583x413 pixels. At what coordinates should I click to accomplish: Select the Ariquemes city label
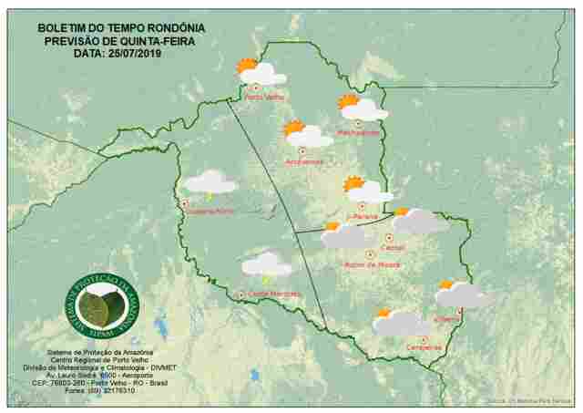click(x=304, y=162)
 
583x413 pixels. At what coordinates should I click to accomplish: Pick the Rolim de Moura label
click(x=373, y=265)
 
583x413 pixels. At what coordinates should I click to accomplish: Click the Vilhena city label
click(x=447, y=319)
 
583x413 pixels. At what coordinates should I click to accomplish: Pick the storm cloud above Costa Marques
click(x=266, y=265)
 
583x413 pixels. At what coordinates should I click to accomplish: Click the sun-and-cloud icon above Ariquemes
click(x=307, y=134)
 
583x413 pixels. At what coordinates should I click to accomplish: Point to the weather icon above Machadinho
click(x=362, y=107)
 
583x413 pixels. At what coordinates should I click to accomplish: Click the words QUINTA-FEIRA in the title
click(x=155, y=40)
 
